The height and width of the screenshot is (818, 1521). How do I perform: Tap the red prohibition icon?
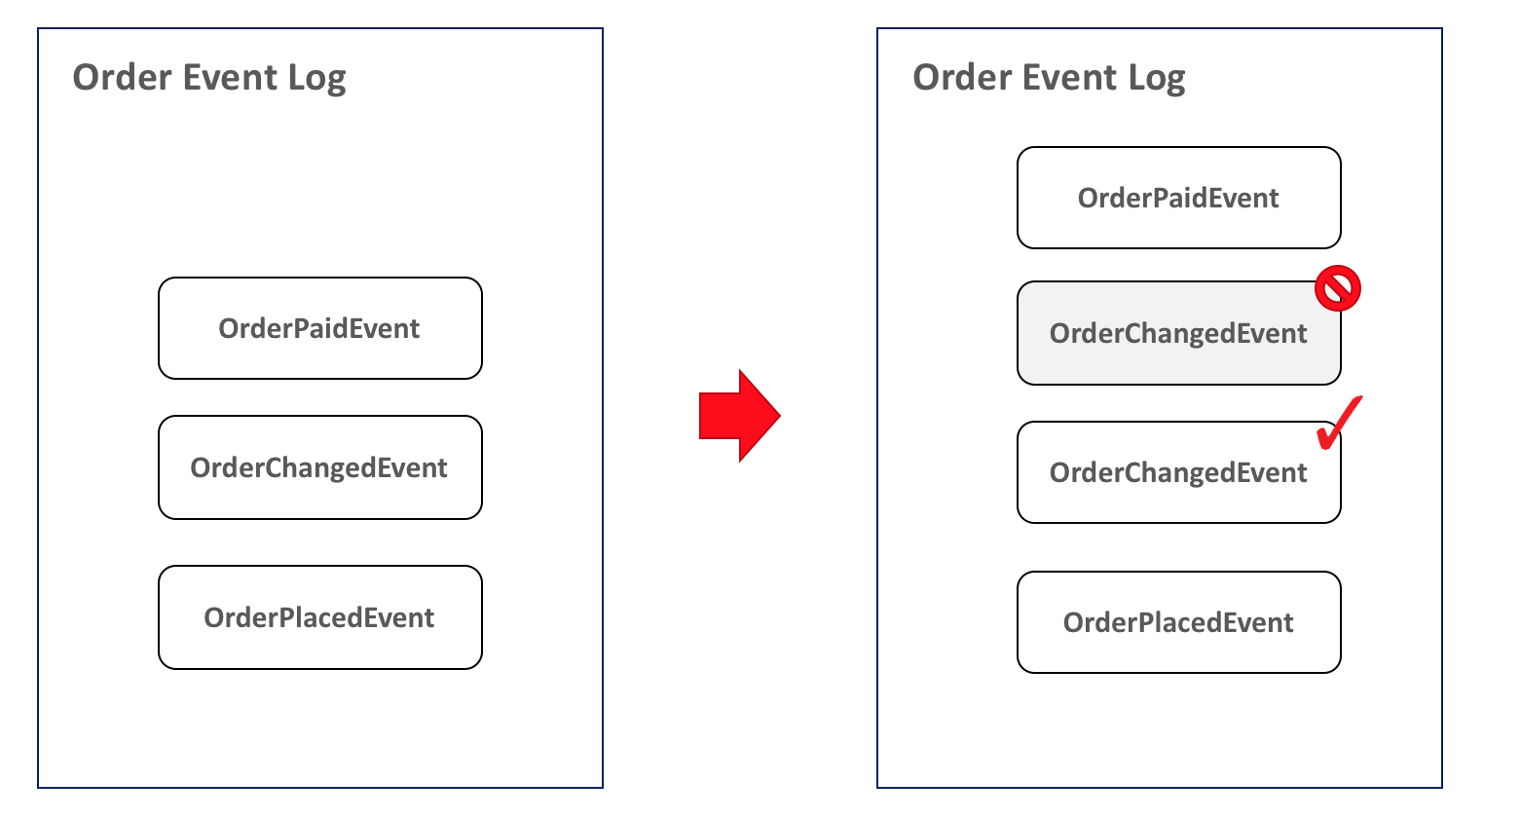[x=1338, y=288]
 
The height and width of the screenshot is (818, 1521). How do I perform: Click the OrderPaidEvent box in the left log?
[x=320, y=328]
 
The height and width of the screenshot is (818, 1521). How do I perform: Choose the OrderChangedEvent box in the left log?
[x=320, y=467]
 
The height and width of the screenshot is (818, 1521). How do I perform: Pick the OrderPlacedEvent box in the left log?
[x=320, y=617]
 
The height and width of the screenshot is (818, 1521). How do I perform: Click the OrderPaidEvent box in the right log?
[x=1178, y=198]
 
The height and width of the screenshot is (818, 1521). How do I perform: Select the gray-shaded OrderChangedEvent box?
[x=1178, y=334]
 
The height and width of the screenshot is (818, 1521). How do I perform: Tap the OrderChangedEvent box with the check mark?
[x=1178, y=473]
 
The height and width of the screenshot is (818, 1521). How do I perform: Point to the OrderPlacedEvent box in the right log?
[x=1178, y=622]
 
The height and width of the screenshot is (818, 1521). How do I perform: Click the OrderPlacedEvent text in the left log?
[x=319, y=617]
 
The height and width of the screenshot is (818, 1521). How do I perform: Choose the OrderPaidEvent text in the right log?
[x=1178, y=198]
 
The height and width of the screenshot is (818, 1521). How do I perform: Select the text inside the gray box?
[x=1178, y=334]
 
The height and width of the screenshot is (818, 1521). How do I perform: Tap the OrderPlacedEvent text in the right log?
[x=1178, y=622]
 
